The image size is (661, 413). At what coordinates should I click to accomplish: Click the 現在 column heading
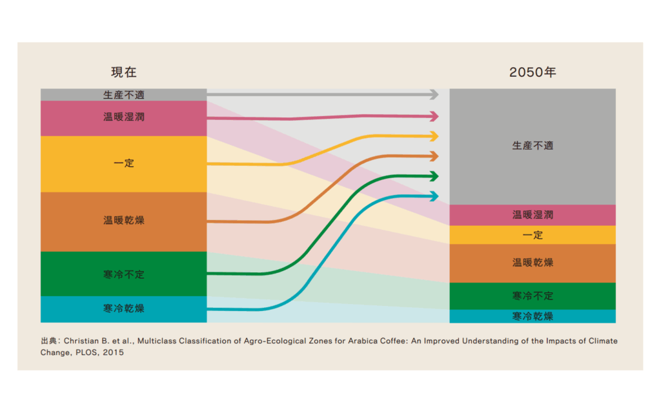click(123, 72)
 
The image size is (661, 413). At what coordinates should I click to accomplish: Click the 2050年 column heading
click(533, 72)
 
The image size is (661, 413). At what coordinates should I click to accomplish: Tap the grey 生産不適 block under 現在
click(123, 95)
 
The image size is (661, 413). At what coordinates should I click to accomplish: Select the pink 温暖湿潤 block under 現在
click(123, 117)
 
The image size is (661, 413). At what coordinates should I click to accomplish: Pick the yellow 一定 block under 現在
click(123, 163)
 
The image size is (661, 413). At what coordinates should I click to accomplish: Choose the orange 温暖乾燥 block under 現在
click(123, 221)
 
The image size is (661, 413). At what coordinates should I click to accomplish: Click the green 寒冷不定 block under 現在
click(123, 274)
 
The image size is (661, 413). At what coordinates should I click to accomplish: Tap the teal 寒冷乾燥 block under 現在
click(123, 308)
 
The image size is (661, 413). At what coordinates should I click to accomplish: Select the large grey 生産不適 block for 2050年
click(533, 146)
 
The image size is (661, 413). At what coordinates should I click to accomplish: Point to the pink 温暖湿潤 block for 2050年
click(533, 215)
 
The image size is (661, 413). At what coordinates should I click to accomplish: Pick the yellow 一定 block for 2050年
click(533, 235)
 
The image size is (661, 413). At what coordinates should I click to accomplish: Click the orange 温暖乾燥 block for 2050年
click(533, 263)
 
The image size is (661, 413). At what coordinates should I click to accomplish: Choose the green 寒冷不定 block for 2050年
click(533, 296)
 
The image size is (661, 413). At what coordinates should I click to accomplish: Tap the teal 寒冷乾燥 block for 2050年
click(533, 316)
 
